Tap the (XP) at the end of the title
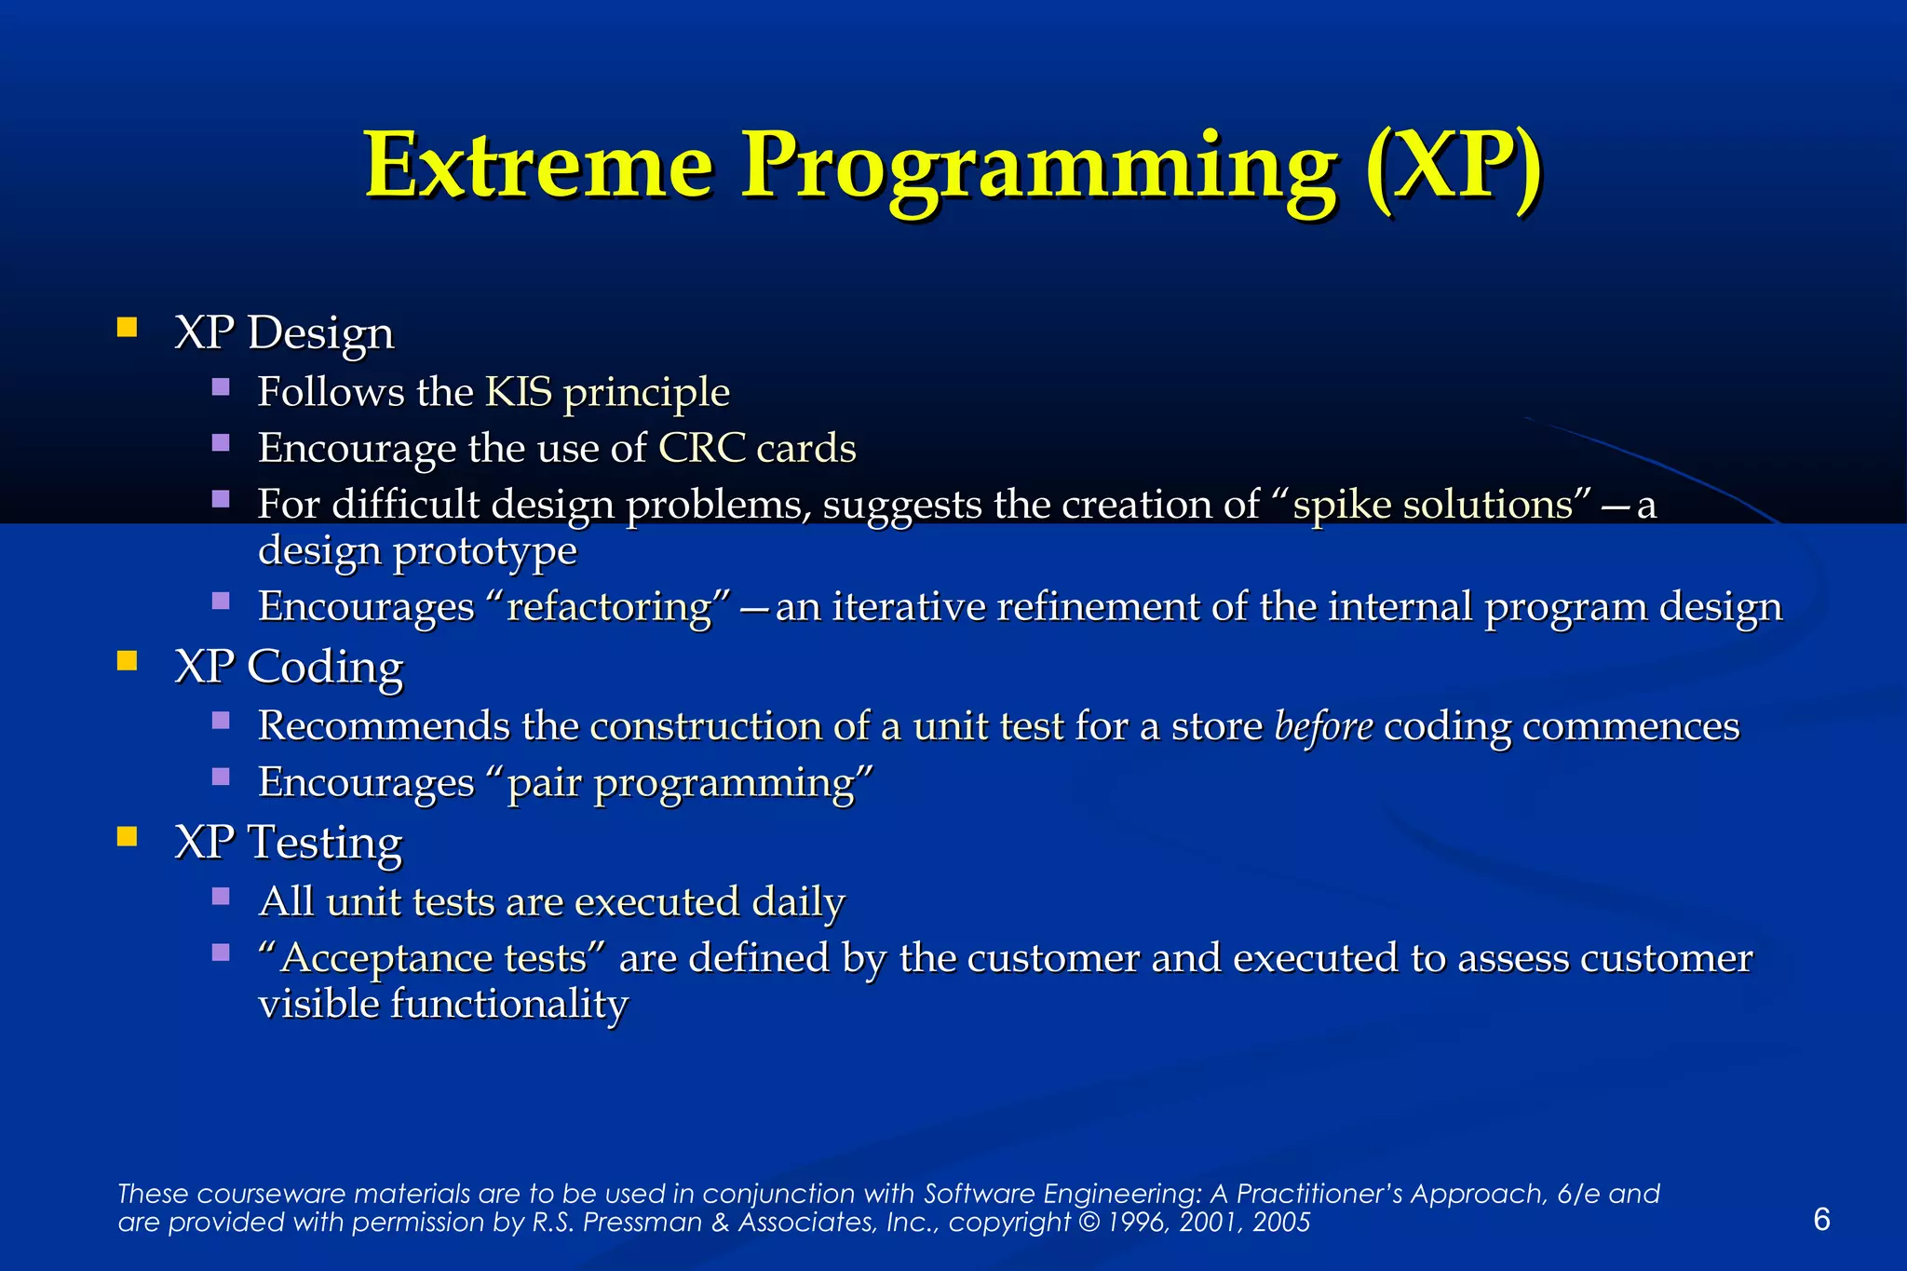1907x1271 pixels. click(1453, 168)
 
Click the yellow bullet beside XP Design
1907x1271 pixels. click(128, 327)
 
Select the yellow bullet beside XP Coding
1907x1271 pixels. click(128, 661)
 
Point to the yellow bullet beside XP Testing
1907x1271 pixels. click(128, 835)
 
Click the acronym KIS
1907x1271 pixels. click(519, 392)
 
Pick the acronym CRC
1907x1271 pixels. click(702, 448)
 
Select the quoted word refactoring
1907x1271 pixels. click(609, 607)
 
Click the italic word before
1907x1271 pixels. click(1323, 726)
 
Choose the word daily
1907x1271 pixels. click(798, 902)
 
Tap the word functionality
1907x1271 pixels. click(509, 1005)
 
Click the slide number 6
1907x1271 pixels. click(1821, 1219)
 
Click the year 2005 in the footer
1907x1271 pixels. click(1281, 1223)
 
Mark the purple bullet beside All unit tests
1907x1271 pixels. click(221, 897)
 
